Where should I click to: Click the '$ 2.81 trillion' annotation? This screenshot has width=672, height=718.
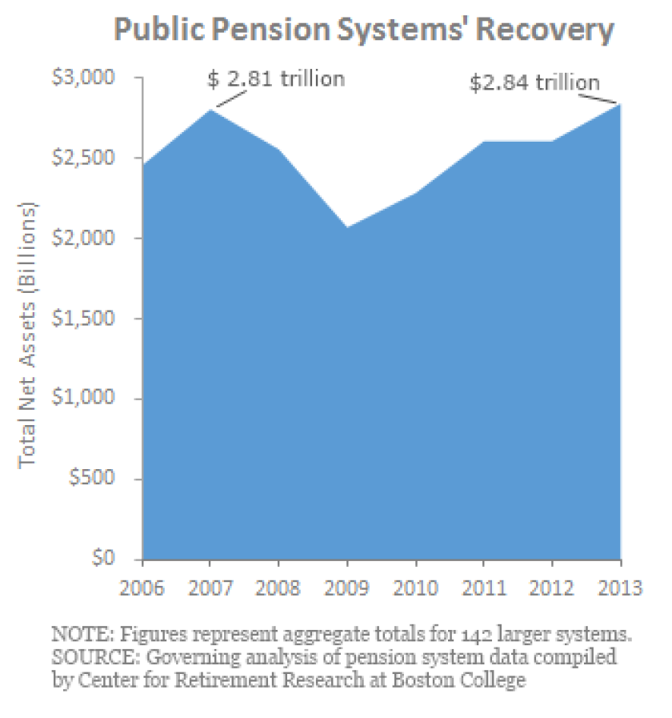[x=276, y=79]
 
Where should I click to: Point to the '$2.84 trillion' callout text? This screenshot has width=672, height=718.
[x=534, y=82]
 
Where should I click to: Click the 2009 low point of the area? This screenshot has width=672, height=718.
[x=347, y=227]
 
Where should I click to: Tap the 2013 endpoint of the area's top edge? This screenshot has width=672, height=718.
[x=620, y=105]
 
